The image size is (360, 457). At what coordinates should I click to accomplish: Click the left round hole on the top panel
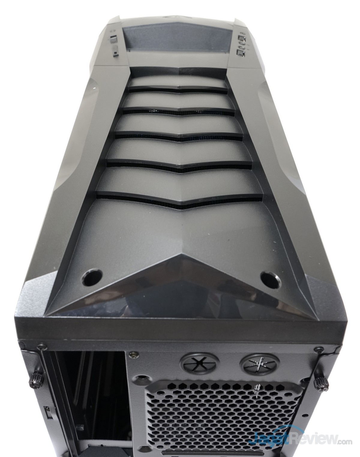(x=91, y=276)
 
